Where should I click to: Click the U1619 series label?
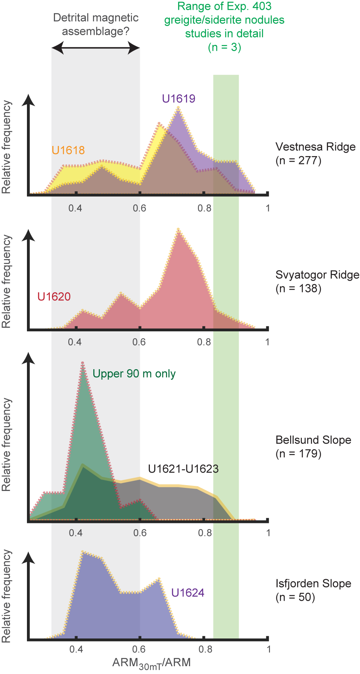178,98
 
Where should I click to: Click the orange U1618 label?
68,150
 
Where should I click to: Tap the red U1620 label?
54,297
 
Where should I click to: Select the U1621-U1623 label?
183,469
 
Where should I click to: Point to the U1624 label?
188,593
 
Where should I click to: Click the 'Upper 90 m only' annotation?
134,374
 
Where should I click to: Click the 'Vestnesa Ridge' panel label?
315,147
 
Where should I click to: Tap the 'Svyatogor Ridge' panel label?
317,275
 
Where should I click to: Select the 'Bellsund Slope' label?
313,440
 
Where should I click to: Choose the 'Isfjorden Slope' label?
313,584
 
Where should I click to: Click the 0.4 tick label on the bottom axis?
76,649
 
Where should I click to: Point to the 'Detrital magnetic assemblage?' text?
96,24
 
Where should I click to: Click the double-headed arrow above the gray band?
96,49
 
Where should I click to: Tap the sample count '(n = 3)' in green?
224,47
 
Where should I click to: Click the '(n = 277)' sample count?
298,160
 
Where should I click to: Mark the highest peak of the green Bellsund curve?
83,362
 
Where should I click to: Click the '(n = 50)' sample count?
295,597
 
